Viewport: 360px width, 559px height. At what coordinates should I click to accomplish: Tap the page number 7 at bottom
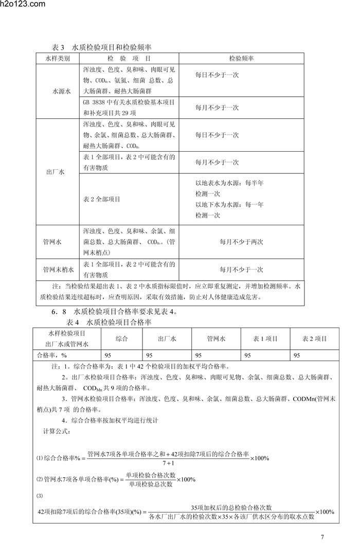tap(322, 538)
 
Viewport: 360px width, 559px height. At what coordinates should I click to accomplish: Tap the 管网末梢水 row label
tap(58, 269)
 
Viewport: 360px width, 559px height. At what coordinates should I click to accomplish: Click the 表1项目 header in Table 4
tap(265, 338)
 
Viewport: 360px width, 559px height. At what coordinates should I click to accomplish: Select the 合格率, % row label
tap(53, 355)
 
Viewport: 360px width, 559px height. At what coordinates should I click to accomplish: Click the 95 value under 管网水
tap(199, 355)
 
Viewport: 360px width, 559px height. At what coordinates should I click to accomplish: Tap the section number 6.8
tap(59, 312)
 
